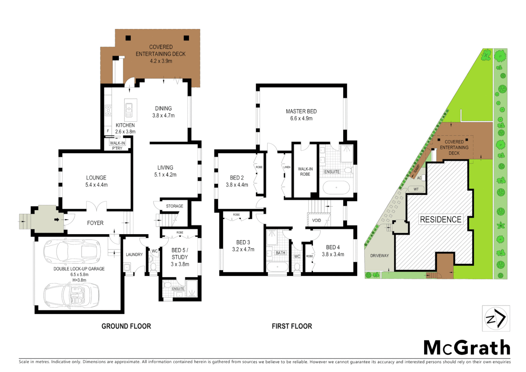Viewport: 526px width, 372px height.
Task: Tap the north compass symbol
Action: pos(496,318)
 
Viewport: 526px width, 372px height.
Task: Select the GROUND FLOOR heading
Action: pos(126,326)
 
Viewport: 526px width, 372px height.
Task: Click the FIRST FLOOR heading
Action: pos(292,326)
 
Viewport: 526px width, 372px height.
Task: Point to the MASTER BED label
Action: pos(301,111)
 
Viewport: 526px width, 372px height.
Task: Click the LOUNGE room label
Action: pos(96,178)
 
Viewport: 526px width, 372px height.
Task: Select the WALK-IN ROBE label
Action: pos(305,172)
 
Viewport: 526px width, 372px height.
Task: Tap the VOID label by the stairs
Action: pos(316,220)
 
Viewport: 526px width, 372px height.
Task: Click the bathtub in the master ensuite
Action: pos(336,188)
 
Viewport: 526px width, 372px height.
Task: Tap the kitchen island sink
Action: pos(129,110)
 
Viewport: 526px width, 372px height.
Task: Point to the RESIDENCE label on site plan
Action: pos(441,219)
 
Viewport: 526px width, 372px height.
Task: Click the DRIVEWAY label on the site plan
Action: pos(379,256)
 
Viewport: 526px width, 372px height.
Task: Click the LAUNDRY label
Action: pos(134,255)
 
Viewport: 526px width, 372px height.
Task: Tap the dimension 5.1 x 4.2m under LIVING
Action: pos(165,175)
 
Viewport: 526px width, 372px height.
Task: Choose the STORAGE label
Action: pos(175,206)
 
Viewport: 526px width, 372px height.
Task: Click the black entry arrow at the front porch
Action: pos(57,219)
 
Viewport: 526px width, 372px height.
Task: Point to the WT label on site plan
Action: pos(416,189)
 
